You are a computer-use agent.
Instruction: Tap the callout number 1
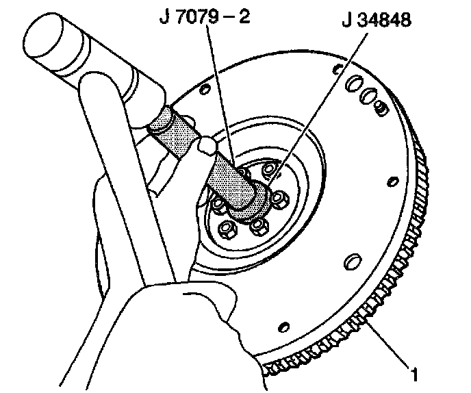[x=413, y=374]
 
